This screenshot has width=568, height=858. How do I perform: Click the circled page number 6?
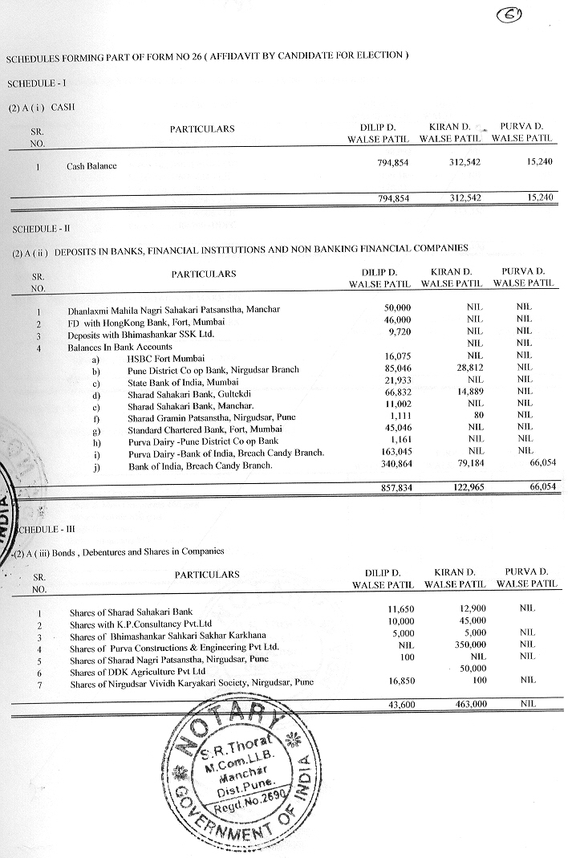click(x=508, y=14)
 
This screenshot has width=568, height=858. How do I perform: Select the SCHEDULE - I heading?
click(x=31, y=83)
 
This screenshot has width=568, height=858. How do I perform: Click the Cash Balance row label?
click(x=91, y=166)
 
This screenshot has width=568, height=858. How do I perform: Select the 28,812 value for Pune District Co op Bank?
click(x=470, y=369)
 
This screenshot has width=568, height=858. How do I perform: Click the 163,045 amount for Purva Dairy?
click(x=395, y=452)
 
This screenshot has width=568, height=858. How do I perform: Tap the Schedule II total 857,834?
click(x=394, y=488)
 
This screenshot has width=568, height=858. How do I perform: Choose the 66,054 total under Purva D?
click(x=538, y=487)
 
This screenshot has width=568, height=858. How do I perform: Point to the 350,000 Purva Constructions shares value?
click(x=469, y=645)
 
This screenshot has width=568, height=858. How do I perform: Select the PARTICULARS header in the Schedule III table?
click(x=207, y=575)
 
